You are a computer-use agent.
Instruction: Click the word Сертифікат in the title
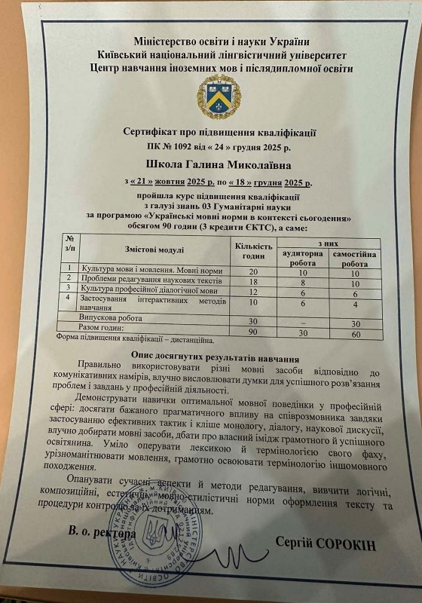click(153, 131)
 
